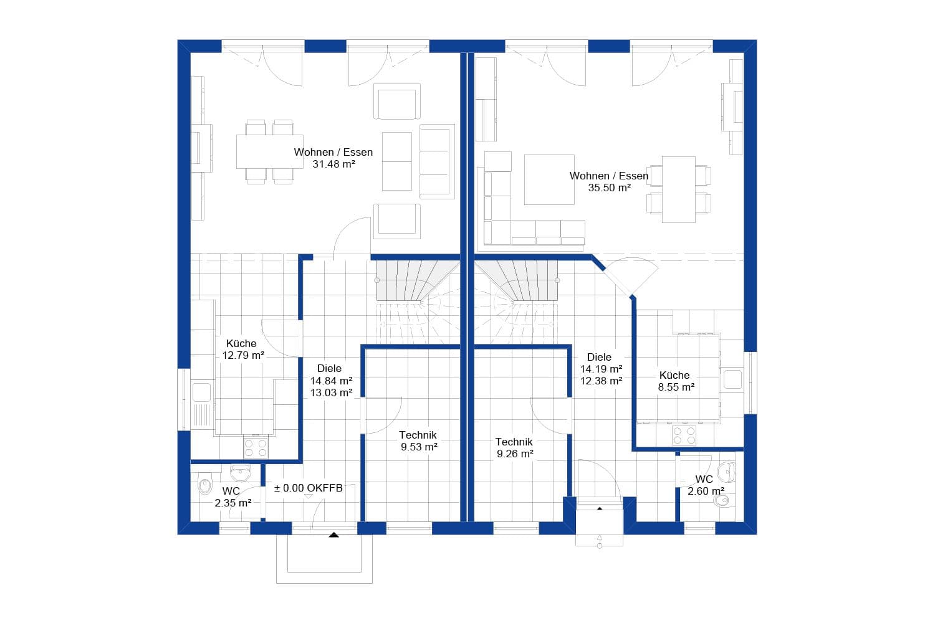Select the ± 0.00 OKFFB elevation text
[309, 488]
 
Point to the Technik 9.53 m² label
[418, 440]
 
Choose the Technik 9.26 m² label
[514, 447]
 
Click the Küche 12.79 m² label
[242, 350]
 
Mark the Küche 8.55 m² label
[676, 381]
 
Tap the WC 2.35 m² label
[232, 497]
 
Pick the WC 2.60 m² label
[705, 485]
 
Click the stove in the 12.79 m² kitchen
[256, 448]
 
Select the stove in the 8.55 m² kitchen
[684, 435]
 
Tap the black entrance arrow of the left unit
[334, 534]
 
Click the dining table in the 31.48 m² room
[269, 151]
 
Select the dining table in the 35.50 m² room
[678, 189]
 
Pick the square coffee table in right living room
[549, 179]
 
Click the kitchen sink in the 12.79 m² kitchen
[201, 392]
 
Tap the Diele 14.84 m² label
[330, 380]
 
